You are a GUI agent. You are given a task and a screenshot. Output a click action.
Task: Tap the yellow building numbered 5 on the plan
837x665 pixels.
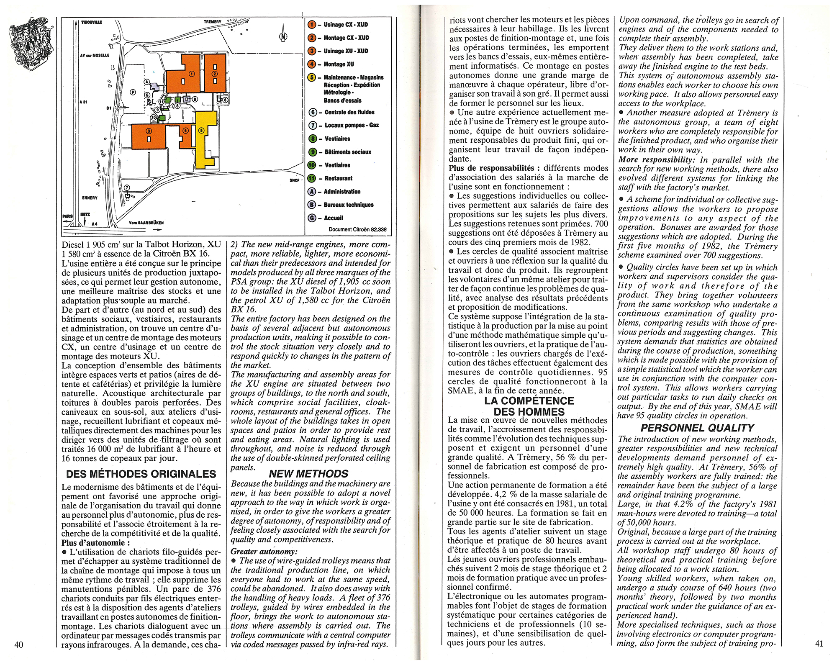tap(205, 140)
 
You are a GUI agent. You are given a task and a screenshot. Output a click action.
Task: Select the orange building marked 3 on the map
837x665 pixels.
tap(149, 136)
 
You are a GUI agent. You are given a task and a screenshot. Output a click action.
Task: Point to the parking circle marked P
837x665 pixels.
tap(133, 92)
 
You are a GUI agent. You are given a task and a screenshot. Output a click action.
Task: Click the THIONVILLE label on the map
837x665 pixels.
tap(92, 22)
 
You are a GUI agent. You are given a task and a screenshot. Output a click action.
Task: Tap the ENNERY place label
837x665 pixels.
tap(90, 198)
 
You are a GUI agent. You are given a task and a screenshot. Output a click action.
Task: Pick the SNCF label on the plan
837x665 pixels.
tap(295, 180)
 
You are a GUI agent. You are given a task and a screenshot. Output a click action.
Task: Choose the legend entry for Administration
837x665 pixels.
tap(342, 192)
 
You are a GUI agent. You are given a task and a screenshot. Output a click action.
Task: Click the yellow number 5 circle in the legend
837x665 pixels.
tap(312, 77)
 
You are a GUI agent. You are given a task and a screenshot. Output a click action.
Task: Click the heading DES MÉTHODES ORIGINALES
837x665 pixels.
tap(141, 474)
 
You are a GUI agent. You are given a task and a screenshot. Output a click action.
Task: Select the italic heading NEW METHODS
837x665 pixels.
tap(308, 474)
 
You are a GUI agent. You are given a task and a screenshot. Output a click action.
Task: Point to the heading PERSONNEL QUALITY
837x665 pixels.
tap(697, 428)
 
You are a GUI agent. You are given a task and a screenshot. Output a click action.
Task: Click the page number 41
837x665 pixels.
tap(819, 644)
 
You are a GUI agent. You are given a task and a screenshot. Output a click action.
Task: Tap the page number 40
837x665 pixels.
tap(19, 644)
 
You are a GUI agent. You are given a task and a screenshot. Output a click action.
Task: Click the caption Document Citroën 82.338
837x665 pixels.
tap(357, 229)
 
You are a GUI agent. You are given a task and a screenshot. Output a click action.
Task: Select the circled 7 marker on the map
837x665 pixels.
tap(127, 188)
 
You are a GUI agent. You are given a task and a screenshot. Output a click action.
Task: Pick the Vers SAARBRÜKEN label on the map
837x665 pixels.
tap(146, 223)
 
